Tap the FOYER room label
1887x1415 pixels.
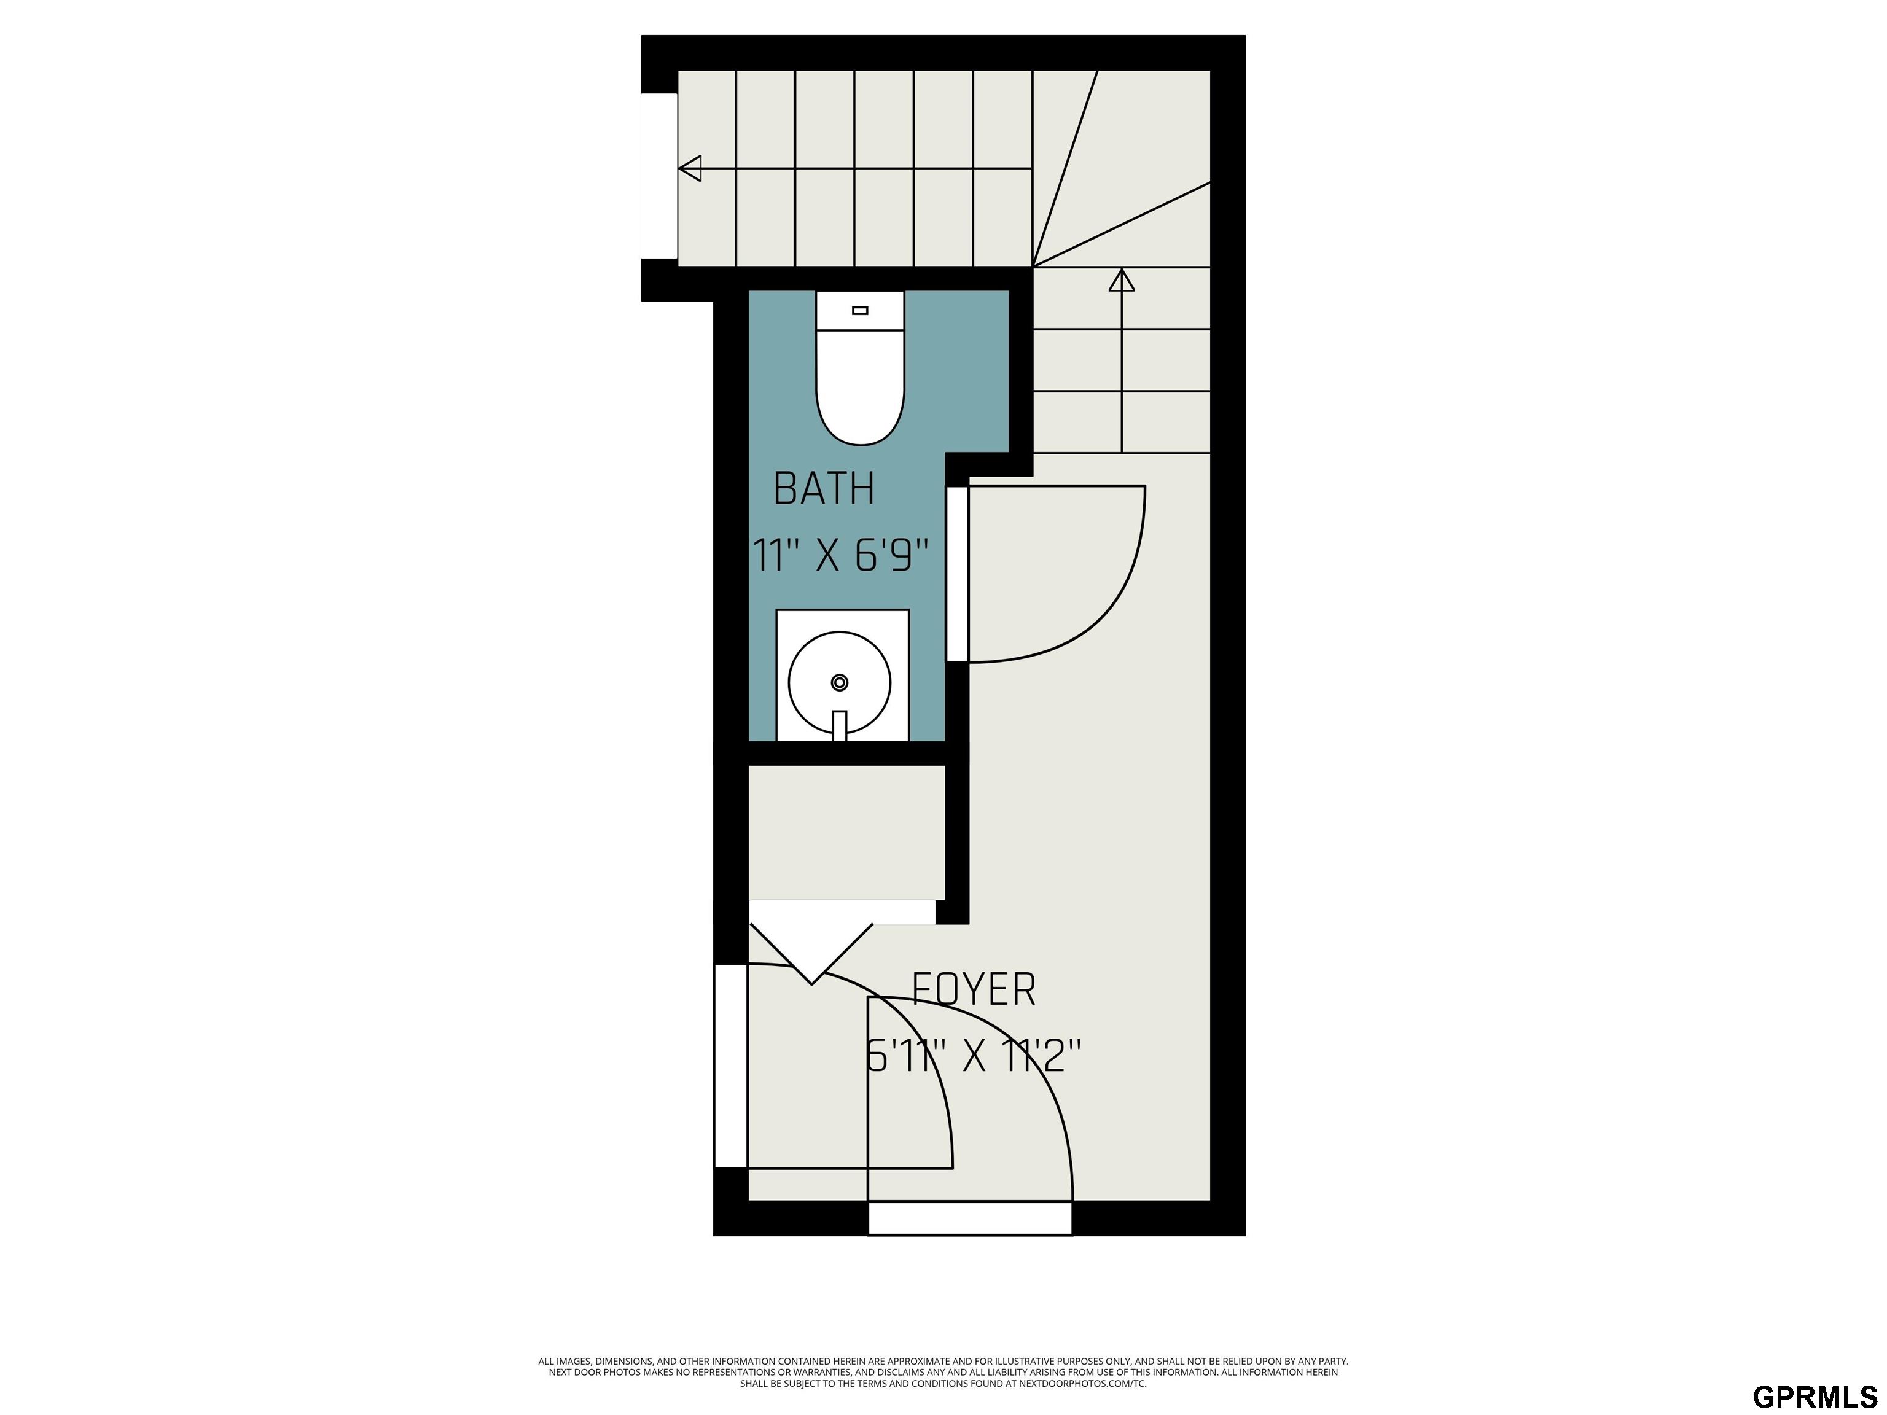click(974, 989)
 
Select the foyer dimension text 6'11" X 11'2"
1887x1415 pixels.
click(974, 1056)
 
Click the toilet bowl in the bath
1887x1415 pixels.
click(860, 388)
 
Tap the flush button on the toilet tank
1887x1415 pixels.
click(860, 311)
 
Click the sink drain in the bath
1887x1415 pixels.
click(840, 682)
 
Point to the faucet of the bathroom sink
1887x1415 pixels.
click(840, 725)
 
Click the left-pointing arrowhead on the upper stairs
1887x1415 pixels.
click(689, 168)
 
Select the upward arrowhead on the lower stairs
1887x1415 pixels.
click(1122, 280)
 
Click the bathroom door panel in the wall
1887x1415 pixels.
click(957, 573)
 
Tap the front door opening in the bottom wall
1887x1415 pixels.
click(970, 1217)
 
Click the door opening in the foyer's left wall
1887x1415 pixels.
click(730, 1066)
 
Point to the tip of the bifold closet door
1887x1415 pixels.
click(812, 984)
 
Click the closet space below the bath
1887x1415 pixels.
click(846, 832)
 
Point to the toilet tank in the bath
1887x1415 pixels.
click(860, 311)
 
